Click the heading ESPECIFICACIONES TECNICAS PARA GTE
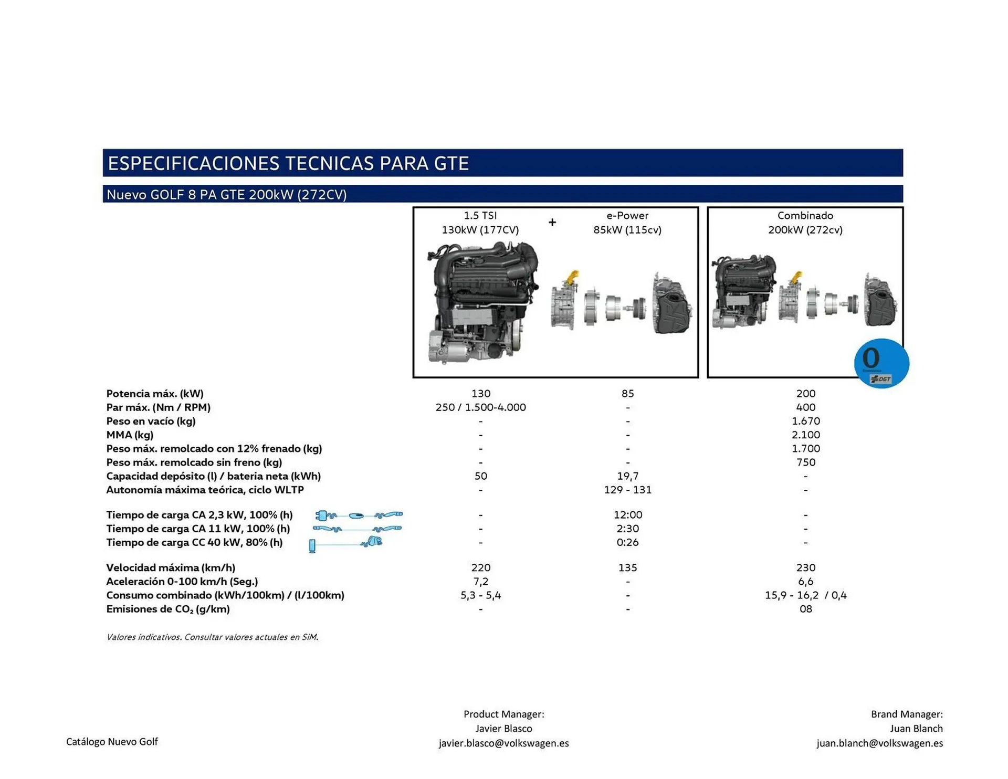point(288,163)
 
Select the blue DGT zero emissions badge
point(881,363)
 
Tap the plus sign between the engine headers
point(552,223)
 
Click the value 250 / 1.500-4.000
point(480,407)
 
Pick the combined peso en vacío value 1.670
point(805,421)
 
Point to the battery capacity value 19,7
point(627,476)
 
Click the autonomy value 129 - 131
point(627,490)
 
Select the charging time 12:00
point(627,515)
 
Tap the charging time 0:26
point(627,542)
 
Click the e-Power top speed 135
point(627,567)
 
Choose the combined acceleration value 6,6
point(805,581)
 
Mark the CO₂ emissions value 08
point(805,609)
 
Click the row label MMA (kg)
point(130,435)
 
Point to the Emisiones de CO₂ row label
point(167,609)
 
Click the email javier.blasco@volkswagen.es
point(503,743)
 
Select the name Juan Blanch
point(916,729)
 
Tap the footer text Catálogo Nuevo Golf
point(112,742)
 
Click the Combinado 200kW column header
point(805,223)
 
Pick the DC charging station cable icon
point(346,544)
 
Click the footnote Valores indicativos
point(212,637)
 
